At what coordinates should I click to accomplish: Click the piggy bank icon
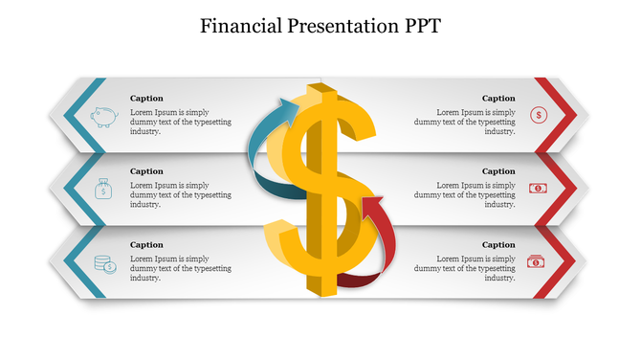point(103,117)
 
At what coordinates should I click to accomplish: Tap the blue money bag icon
point(102,190)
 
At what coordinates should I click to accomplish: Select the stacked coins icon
point(104,264)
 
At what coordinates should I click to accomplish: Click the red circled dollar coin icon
point(539,115)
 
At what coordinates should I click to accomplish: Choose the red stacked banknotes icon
point(536,260)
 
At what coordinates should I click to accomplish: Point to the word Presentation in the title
point(337,26)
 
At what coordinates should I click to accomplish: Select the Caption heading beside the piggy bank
point(146,98)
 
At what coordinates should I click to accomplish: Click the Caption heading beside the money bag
point(146,171)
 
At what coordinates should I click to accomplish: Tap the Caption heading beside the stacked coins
point(146,245)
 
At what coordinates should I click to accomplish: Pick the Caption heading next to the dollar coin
point(498,98)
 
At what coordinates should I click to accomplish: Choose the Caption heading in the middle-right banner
point(498,171)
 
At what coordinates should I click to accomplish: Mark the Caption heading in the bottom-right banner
point(498,245)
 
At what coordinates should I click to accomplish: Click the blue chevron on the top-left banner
point(68,116)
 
